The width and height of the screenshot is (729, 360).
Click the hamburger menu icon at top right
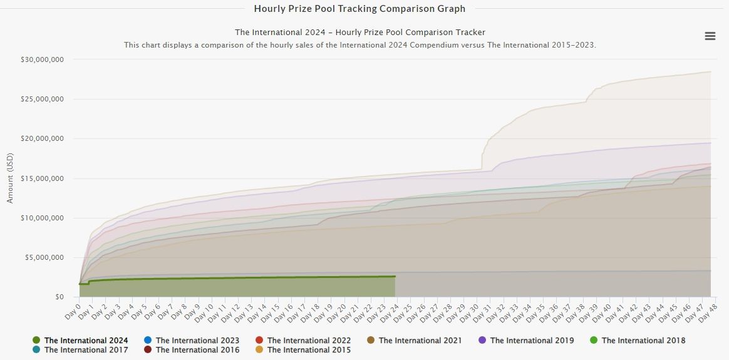point(710,36)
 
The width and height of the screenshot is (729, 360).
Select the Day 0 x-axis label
point(74,307)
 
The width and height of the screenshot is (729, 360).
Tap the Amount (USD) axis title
point(10,178)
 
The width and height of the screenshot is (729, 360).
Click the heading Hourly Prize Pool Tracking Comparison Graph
point(359,9)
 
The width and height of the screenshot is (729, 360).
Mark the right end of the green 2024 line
point(395,276)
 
